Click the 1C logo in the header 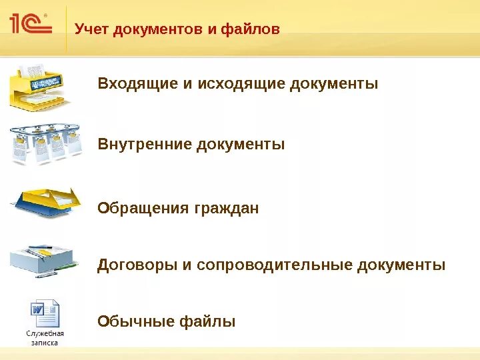[x=29, y=24]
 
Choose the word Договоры [x=137, y=265]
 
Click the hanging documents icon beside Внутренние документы [x=45, y=143]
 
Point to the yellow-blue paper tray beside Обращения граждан [x=46, y=203]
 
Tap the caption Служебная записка [x=45, y=338]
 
